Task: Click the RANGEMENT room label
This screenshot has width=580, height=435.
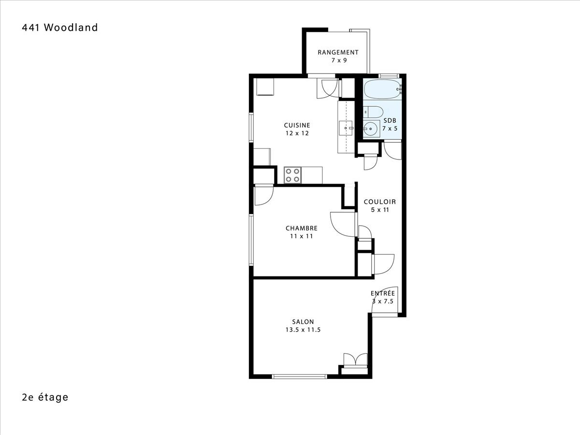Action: click(338, 52)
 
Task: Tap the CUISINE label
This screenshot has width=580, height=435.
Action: click(297, 125)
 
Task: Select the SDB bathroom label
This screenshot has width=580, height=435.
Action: click(390, 120)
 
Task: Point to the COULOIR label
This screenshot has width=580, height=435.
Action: click(380, 202)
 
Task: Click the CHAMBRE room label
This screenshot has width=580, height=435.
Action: click(302, 228)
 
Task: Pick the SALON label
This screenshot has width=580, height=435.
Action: click(303, 322)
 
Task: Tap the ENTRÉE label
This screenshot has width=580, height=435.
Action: click(383, 293)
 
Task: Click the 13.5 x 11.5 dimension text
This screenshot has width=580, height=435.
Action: click(303, 330)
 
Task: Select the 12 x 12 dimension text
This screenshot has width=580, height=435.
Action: click(297, 133)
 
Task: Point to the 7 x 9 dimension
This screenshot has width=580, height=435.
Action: click(339, 60)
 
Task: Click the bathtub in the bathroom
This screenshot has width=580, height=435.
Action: click(382, 89)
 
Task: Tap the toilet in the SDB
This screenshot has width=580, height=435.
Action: click(373, 112)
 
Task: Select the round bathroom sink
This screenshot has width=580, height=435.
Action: click(371, 129)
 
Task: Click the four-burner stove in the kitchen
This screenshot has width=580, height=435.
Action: click(293, 175)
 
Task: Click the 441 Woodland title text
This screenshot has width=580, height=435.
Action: click(60, 28)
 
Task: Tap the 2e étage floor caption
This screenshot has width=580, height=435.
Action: click(45, 397)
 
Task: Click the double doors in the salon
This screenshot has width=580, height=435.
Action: click(355, 360)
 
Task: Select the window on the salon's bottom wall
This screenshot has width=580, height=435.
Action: click(300, 377)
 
